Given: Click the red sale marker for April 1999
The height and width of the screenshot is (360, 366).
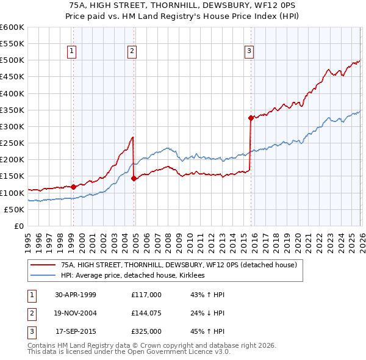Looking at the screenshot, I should click(x=74, y=187).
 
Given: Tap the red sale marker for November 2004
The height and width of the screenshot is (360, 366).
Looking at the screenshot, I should click(x=134, y=178).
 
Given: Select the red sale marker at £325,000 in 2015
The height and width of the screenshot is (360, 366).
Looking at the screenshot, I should click(x=251, y=118).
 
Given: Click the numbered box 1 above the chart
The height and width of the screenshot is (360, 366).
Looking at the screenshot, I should click(x=72, y=52).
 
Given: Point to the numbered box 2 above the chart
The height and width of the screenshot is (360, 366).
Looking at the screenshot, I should click(x=132, y=52).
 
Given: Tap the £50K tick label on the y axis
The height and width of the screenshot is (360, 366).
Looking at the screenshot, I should click(x=15, y=209).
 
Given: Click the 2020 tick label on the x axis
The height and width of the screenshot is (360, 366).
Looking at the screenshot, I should click(x=296, y=238).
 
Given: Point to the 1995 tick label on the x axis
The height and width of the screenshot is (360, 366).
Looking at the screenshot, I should click(x=28, y=238).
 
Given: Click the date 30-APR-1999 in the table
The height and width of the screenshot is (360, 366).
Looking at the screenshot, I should click(x=76, y=295).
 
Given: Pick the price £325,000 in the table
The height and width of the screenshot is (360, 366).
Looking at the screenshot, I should click(x=146, y=333).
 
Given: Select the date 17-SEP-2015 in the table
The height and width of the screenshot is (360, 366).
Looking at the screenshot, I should click(x=76, y=333).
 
